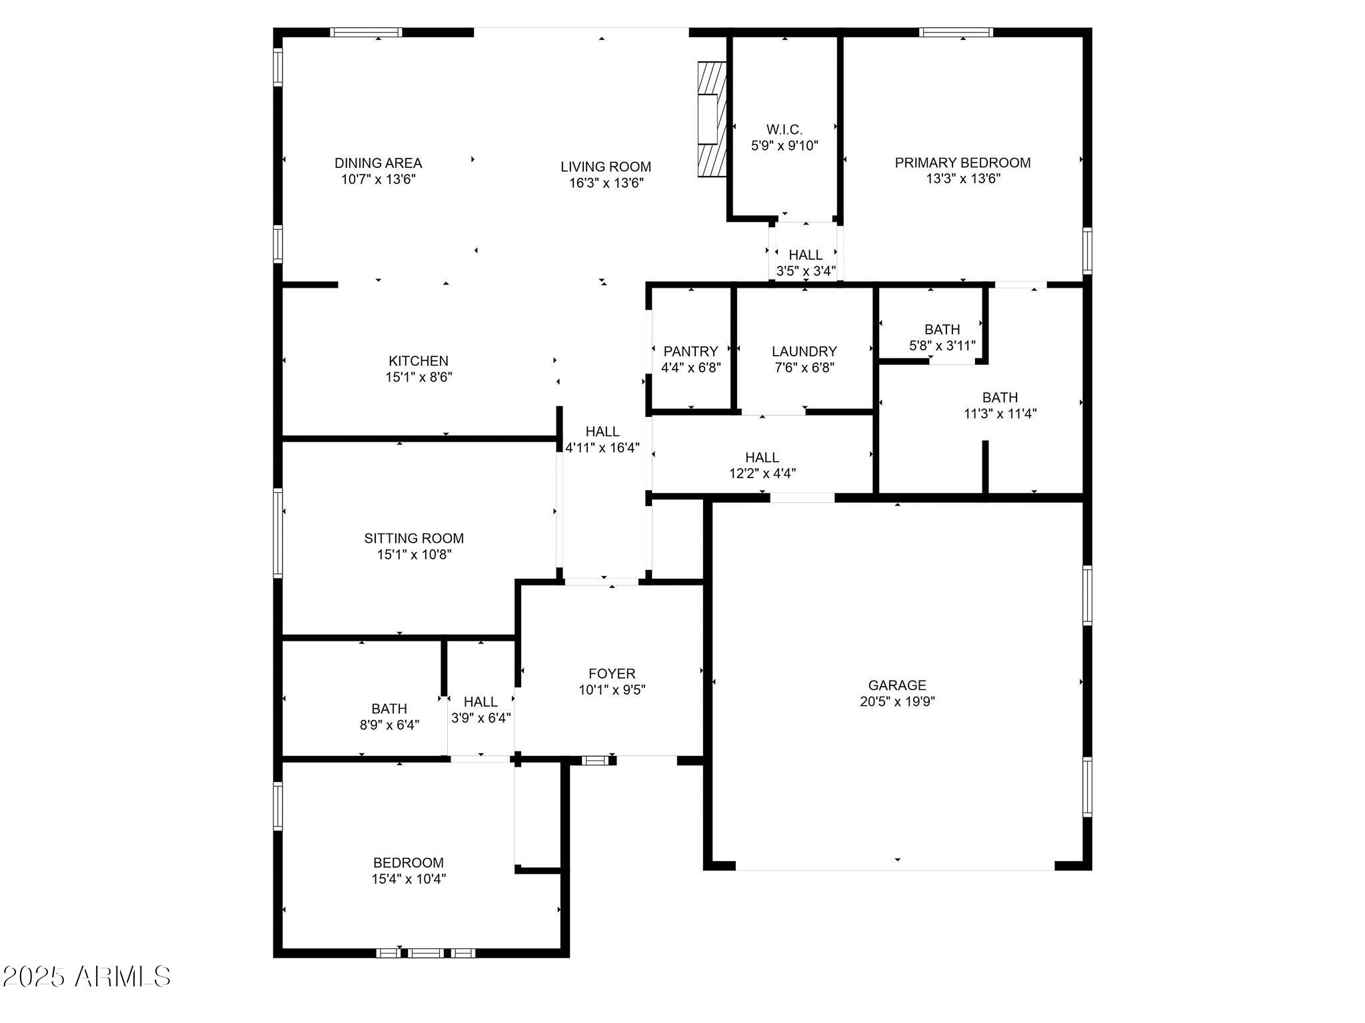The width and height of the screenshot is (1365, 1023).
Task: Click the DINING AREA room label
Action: coord(378,163)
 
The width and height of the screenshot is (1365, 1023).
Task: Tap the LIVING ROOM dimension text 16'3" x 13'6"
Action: coord(605,183)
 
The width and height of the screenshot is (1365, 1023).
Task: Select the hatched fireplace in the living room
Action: coord(711,119)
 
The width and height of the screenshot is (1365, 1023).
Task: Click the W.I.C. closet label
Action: coord(784,130)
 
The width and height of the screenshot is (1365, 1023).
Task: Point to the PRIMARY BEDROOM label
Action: coord(962,163)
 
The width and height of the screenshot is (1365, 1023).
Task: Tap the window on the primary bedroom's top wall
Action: coord(956,32)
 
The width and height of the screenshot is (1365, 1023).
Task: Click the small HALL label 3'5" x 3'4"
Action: coord(805,255)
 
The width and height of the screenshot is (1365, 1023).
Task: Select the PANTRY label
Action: coord(690,352)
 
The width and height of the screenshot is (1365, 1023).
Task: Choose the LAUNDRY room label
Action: coord(804,352)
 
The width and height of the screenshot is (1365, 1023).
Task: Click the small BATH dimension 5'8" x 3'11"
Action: coord(942,346)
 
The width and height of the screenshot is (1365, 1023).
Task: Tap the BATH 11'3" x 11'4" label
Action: coord(1000,398)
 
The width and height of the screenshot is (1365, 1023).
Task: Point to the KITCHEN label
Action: coord(419,361)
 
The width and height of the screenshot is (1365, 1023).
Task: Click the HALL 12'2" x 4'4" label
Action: coord(762,458)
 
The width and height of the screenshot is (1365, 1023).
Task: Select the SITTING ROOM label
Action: coord(414,538)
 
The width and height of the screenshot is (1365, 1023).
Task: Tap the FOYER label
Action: coord(612,674)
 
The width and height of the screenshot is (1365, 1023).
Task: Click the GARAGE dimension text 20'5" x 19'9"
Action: coord(897,701)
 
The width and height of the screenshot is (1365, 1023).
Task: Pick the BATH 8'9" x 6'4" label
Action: coord(389,709)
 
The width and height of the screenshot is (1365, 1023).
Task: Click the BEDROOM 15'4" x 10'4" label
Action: coord(408,862)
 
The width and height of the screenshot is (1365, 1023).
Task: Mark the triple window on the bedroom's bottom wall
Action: coord(426,953)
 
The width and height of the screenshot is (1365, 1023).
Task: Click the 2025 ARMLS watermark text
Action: coord(87,977)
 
